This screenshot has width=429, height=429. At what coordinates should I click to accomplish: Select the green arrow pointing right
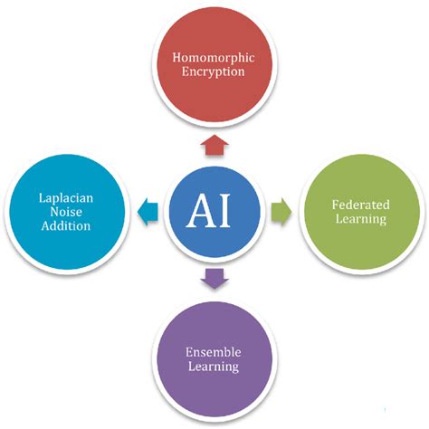(x=281, y=210)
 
